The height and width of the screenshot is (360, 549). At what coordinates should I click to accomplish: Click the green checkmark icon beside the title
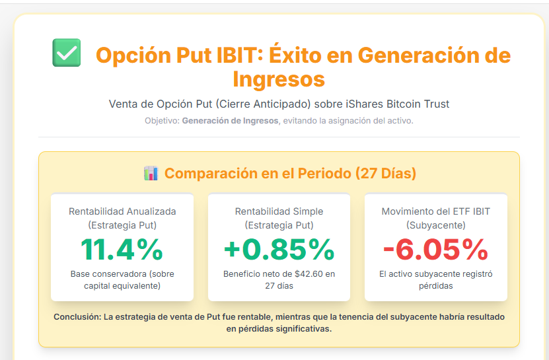[66, 53]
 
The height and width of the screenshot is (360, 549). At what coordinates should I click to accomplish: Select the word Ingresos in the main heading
[279, 79]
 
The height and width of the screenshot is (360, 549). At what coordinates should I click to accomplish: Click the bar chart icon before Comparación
[151, 174]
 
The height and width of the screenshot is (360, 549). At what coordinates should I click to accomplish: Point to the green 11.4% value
[122, 249]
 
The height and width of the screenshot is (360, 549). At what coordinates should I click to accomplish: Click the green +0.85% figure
[279, 249]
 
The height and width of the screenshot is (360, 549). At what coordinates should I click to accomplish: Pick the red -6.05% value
[435, 249]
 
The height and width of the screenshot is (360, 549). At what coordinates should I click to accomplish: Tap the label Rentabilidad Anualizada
[122, 211]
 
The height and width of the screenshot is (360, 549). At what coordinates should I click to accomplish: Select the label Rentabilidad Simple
[279, 211]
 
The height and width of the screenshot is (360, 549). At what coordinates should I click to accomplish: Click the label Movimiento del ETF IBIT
[435, 211]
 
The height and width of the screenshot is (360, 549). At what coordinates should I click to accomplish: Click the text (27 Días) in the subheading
[386, 174]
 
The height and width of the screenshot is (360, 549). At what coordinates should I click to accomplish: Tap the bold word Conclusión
[77, 317]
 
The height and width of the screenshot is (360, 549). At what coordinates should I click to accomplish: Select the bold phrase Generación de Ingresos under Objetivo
[230, 121]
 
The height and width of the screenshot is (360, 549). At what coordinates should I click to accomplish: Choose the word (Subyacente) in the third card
[435, 225]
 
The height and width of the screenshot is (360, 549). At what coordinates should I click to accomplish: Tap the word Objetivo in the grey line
[161, 121]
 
